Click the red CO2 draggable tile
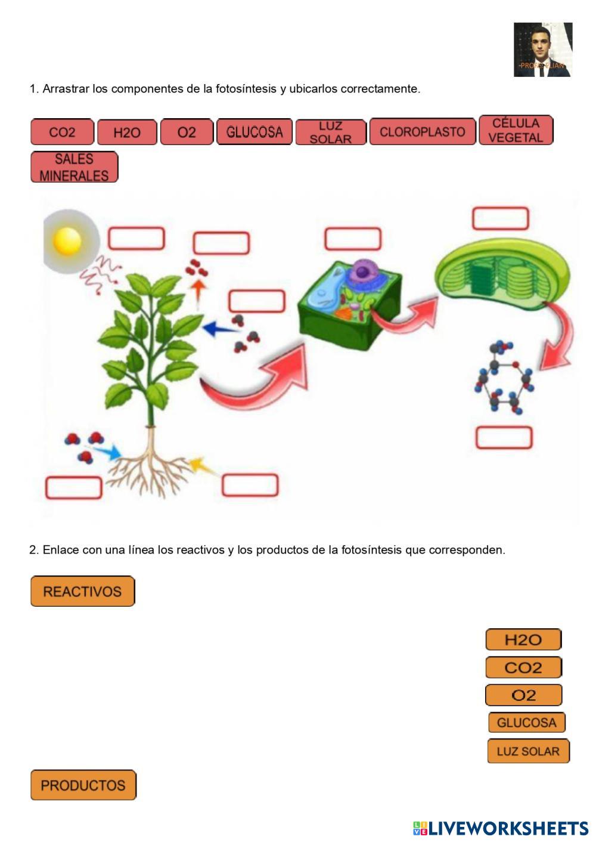point(62,132)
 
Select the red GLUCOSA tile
point(254,132)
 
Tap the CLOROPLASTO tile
point(423,132)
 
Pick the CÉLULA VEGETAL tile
point(516,130)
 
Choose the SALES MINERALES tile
point(74,167)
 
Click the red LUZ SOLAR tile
point(331,132)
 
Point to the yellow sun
point(67,240)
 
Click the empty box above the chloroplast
point(501,219)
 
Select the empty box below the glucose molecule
point(504,438)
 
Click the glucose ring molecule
point(504,377)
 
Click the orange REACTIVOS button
point(83,591)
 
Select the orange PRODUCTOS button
point(83,785)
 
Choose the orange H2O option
point(523,640)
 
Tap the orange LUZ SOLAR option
point(528,751)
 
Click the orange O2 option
point(523,695)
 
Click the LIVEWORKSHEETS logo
point(501,828)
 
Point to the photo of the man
point(543,50)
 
